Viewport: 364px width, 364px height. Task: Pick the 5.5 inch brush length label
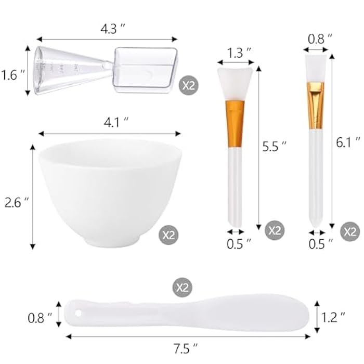click(274, 147)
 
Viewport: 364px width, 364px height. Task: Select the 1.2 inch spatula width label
click(333, 316)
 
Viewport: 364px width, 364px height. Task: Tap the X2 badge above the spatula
click(181, 287)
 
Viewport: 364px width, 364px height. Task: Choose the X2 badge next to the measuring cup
click(189, 85)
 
